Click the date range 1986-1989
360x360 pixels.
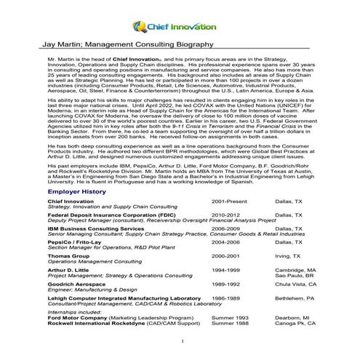point(225,298)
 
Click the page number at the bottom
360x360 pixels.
point(180,342)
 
